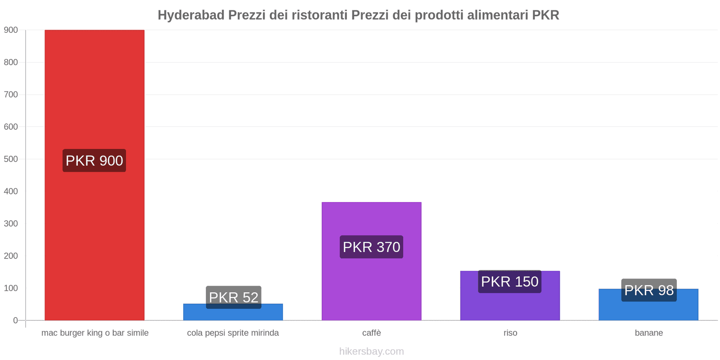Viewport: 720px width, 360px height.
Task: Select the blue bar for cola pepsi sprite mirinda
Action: (x=233, y=315)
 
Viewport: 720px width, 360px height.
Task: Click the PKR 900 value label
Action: (x=94, y=161)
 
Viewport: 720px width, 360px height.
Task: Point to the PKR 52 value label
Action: (x=234, y=297)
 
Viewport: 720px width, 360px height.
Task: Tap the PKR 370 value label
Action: (x=371, y=247)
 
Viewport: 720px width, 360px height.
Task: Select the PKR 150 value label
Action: (x=509, y=282)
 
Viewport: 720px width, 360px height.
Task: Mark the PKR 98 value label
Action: (x=649, y=290)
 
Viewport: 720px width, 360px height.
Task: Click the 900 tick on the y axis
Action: (x=11, y=30)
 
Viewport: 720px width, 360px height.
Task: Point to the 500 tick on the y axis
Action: (x=11, y=159)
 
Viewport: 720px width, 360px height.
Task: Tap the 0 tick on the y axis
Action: (x=15, y=320)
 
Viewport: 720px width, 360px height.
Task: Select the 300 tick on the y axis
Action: (x=11, y=224)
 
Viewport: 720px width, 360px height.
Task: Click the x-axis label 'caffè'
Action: (x=371, y=333)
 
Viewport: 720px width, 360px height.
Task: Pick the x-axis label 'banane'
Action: (x=648, y=333)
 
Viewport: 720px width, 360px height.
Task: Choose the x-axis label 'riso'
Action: (x=510, y=333)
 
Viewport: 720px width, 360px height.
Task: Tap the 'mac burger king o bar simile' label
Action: (x=95, y=333)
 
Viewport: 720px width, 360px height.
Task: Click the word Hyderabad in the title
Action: (x=191, y=15)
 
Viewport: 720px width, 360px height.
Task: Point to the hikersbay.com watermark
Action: (x=371, y=351)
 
